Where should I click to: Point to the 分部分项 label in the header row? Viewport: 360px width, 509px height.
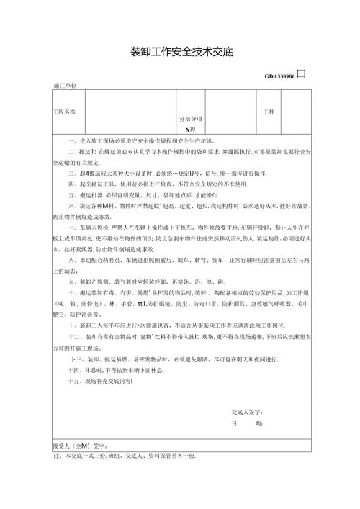pos(190,119)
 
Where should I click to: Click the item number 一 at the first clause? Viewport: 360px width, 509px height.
pos(71,141)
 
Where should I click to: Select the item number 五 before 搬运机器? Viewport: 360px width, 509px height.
pos(71,194)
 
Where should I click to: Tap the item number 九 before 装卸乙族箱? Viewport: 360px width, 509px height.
pos(71,282)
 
